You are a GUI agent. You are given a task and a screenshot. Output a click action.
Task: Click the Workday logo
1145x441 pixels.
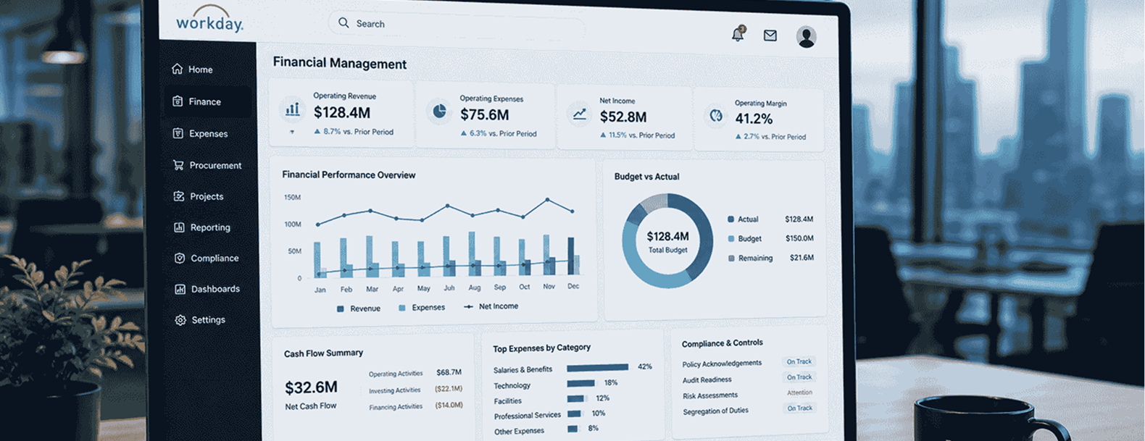pyautogui.click(x=209, y=20)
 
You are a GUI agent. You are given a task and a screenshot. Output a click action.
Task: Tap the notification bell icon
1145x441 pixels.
pyautogui.click(x=738, y=34)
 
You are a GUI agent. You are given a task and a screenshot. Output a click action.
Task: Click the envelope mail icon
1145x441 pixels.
pyautogui.click(x=770, y=35)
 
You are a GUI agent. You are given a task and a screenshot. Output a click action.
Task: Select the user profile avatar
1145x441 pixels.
pyautogui.click(x=806, y=37)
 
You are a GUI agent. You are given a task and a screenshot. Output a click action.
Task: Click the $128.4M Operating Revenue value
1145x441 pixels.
pyautogui.click(x=342, y=112)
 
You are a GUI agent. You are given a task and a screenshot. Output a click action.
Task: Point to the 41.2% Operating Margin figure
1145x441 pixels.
pyautogui.click(x=754, y=119)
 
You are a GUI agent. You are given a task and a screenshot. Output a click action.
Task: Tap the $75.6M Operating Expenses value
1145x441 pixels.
pyautogui.click(x=485, y=115)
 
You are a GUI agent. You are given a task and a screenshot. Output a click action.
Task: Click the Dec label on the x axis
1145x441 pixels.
pyautogui.click(x=573, y=286)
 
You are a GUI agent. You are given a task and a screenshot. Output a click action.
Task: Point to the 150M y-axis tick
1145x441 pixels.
pyautogui.click(x=292, y=197)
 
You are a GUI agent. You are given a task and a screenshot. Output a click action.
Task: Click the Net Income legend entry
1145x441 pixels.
pyautogui.click(x=491, y=306)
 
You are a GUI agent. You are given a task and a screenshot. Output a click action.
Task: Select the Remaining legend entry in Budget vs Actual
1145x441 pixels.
pyautogui.click(x=750, y=258)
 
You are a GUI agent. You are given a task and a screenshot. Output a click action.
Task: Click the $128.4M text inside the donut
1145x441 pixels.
pyautogui.click(x=667, y=236)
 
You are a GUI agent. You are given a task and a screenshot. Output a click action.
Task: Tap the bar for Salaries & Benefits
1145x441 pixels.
pyautogui.click(x=597, y=367)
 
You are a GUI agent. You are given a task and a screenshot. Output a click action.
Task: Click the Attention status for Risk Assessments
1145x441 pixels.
pyautogui.click(x=799, y=392)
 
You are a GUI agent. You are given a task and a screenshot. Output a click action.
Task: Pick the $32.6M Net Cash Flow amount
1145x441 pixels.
pyautogui.click(x=312, y=387)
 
